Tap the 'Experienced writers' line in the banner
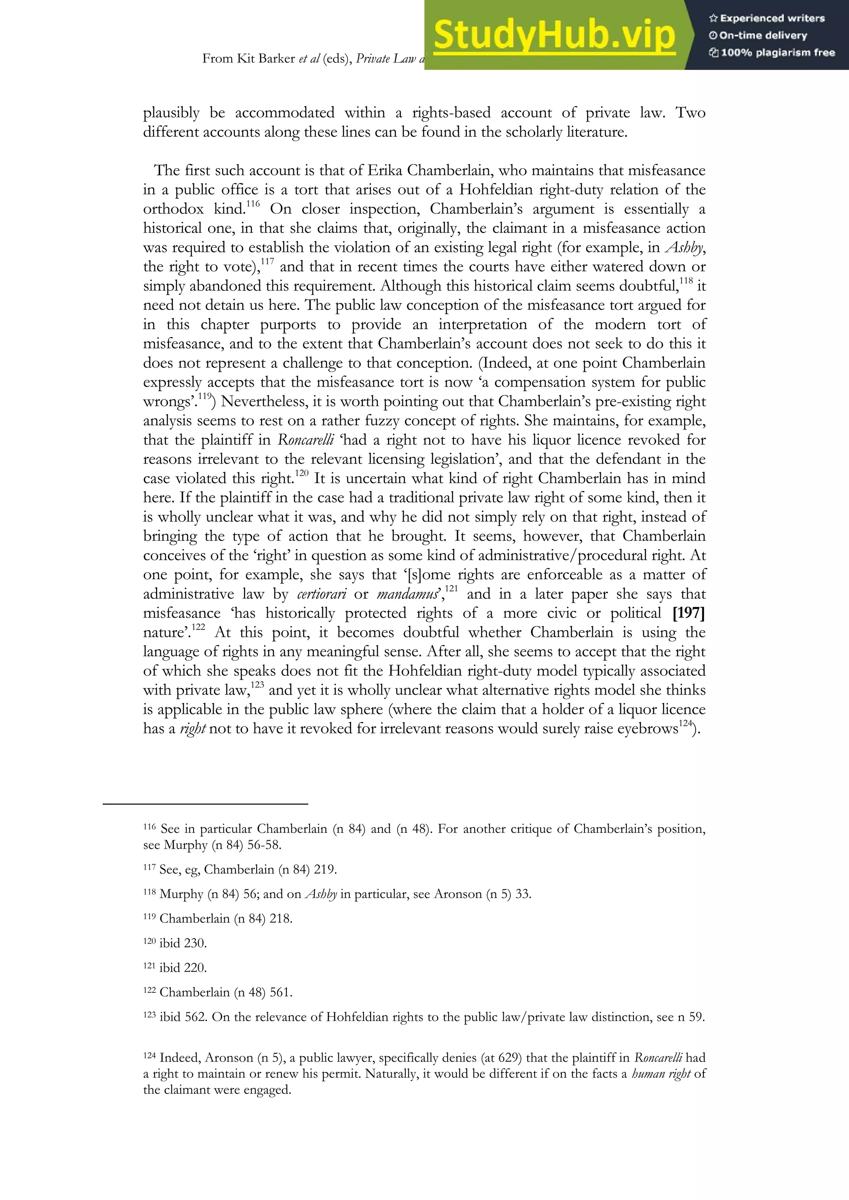click(x=767, y=18)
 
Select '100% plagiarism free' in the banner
click(x=772, y=52)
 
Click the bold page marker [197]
click(x=689, y=613)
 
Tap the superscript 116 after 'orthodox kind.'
click(x=252, y=204)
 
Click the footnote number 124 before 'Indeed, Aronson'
click(x=150, y=1056)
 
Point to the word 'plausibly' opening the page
click(x=172, y=113)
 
